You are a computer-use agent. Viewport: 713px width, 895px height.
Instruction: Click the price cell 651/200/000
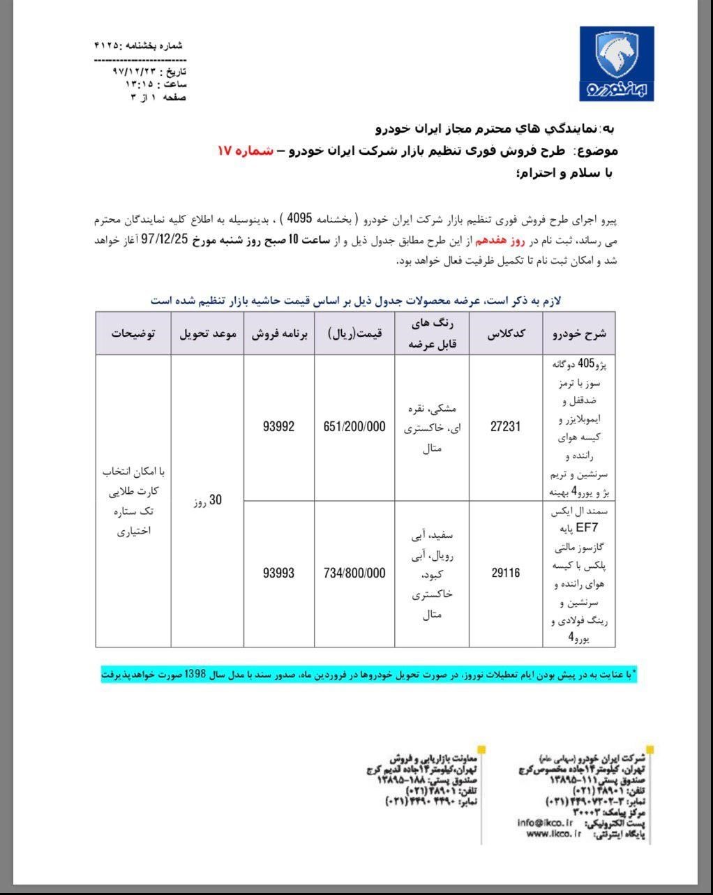pyautogui.click(x=354, y=427)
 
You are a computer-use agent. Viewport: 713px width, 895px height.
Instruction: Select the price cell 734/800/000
pyautogui.click(x=354, y=573)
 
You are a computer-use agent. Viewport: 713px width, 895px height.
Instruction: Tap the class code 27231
pyautogui.click(x=505, y=427)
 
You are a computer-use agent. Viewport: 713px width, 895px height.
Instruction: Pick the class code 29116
pyautogui.click(x=505, y=573)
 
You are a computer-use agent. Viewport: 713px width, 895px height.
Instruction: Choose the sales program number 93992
pyautogui.click(x=278, y=427)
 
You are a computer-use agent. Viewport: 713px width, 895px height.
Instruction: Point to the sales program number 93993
pyautogui.click(x=278, y=573)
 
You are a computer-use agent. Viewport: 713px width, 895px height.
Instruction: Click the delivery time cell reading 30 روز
pyautogui.click(x=208, y=500)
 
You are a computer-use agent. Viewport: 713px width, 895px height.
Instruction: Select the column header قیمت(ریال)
pyautogui.click(x=354, y=333)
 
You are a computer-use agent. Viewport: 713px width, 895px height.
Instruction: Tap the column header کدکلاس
pyautogui.click(x=506, y=333)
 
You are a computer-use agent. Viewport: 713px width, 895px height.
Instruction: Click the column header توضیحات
pyautogui.click(x=133, y=333)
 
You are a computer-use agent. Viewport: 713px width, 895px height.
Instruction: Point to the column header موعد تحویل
pyautogui.click(x=208, y=333)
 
